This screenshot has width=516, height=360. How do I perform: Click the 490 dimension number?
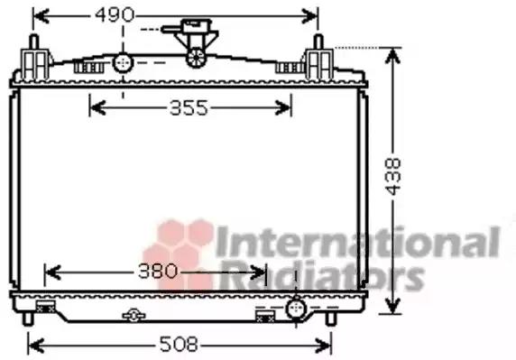point(115,15)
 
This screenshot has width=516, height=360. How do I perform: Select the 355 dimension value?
point(189,108)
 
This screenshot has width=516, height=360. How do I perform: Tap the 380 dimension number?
point(158,272)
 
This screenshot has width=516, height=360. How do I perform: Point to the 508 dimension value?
point(179,345)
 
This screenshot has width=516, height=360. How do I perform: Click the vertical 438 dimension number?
point(393,177)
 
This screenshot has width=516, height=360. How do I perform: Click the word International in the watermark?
point(358,242)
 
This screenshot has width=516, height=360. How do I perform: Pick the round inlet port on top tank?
point(123,62)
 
